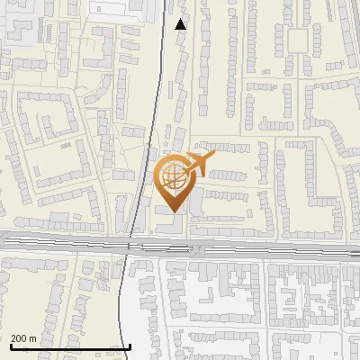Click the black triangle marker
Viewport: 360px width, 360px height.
tap(181, 23)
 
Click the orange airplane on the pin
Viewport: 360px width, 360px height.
tap(197, 165)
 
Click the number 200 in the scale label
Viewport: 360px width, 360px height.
tap(19, 338)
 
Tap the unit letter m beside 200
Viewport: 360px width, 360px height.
tap(33, 338)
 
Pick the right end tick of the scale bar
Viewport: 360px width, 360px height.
tap(130, 346)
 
